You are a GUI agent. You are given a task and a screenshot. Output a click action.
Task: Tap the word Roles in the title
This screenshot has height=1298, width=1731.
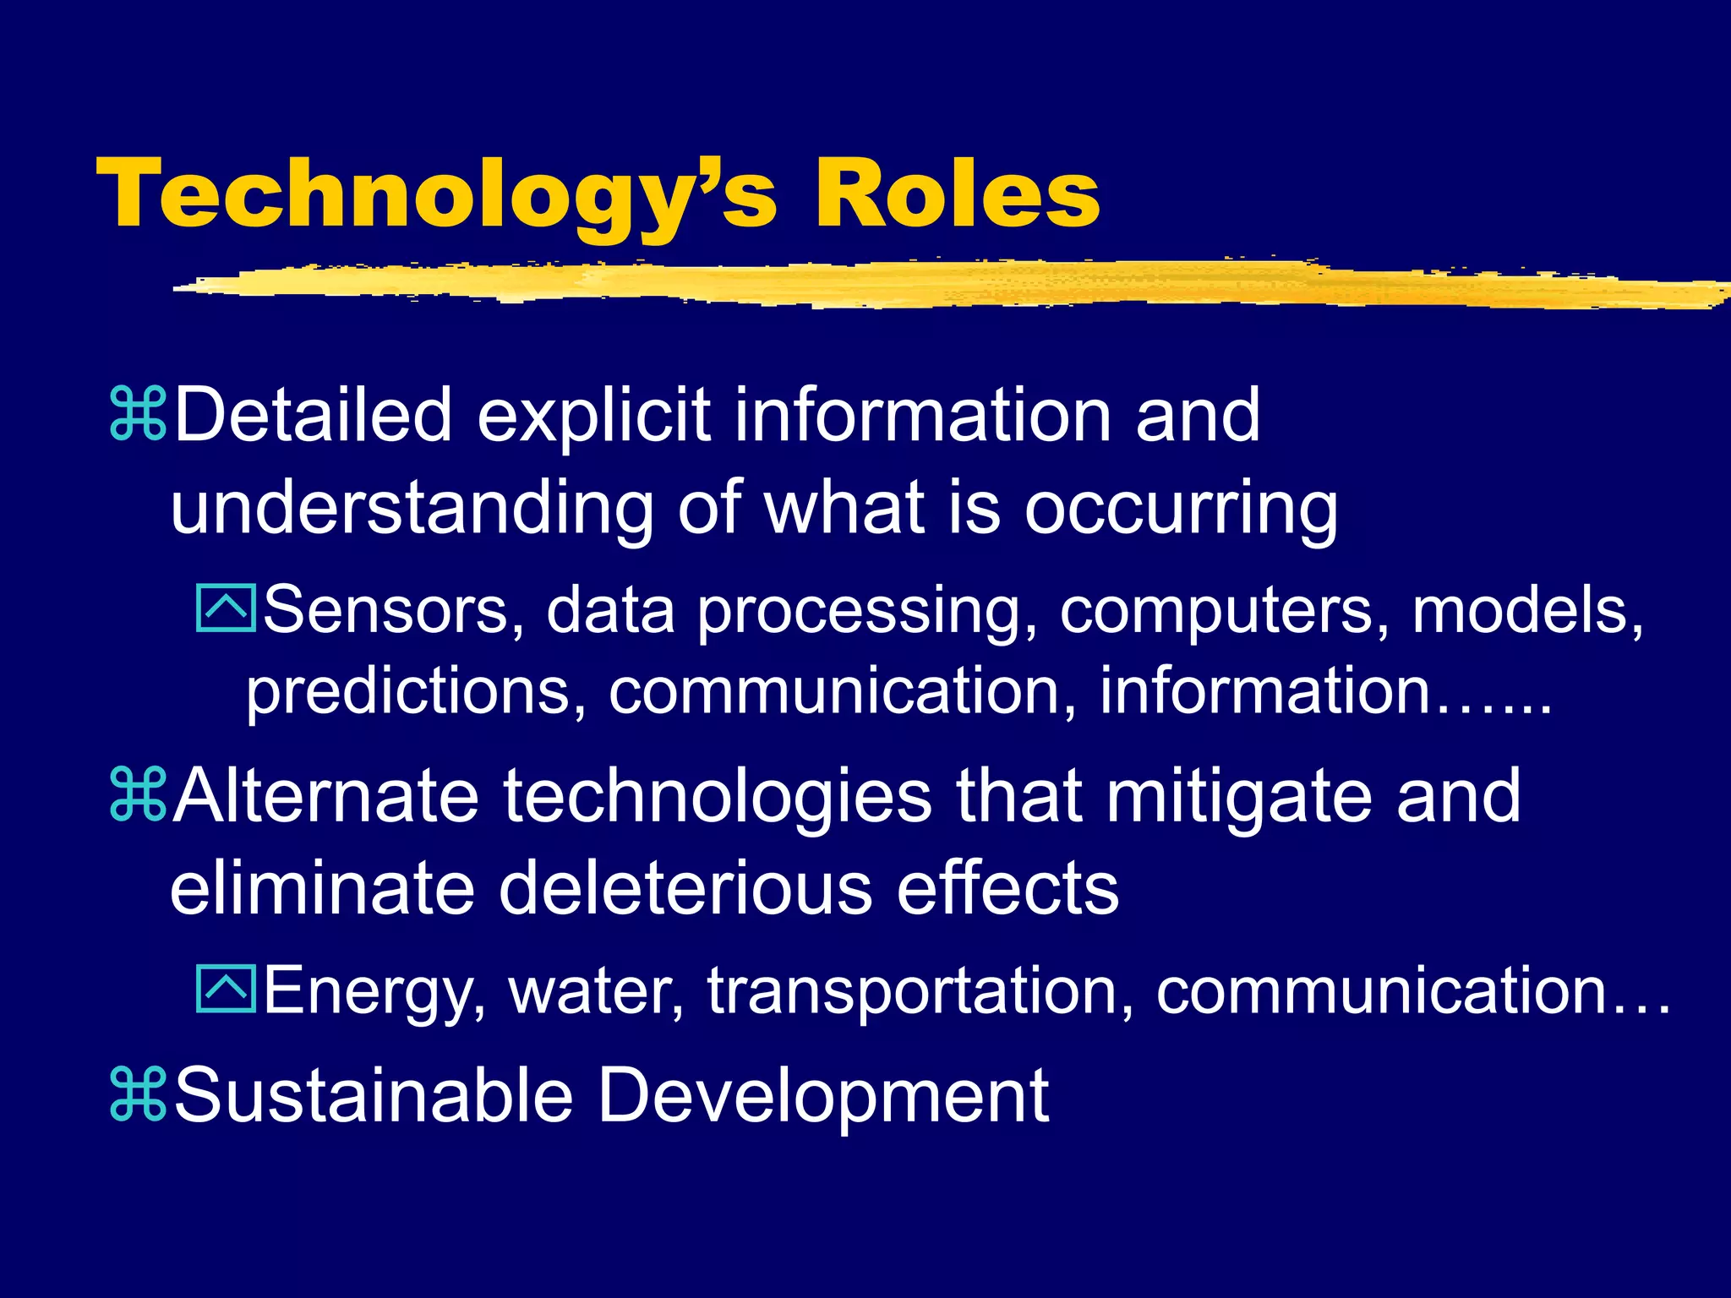956,194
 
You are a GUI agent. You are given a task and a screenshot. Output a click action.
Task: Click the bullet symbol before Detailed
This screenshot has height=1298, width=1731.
138,414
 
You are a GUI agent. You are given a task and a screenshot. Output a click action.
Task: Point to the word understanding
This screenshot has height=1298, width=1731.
412,509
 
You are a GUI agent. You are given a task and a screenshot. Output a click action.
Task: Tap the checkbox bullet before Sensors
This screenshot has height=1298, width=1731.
225,608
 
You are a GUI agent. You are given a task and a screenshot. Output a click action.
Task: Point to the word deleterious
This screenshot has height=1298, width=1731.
685,889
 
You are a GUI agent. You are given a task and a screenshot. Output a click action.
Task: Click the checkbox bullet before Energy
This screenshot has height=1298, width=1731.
225,989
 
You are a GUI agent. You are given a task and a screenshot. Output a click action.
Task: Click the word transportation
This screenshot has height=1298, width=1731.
920,990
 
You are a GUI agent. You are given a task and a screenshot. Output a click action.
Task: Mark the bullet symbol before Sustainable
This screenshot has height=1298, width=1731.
138,1095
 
